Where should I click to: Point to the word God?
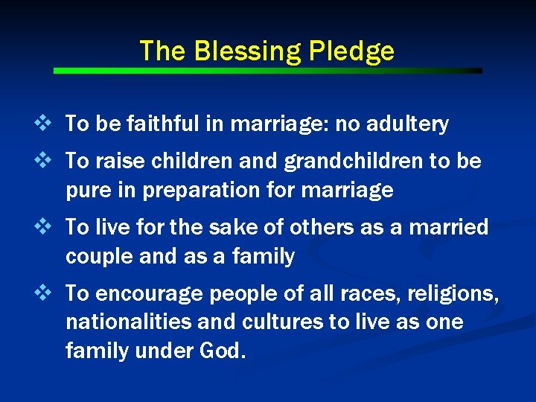click(222, 350)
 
